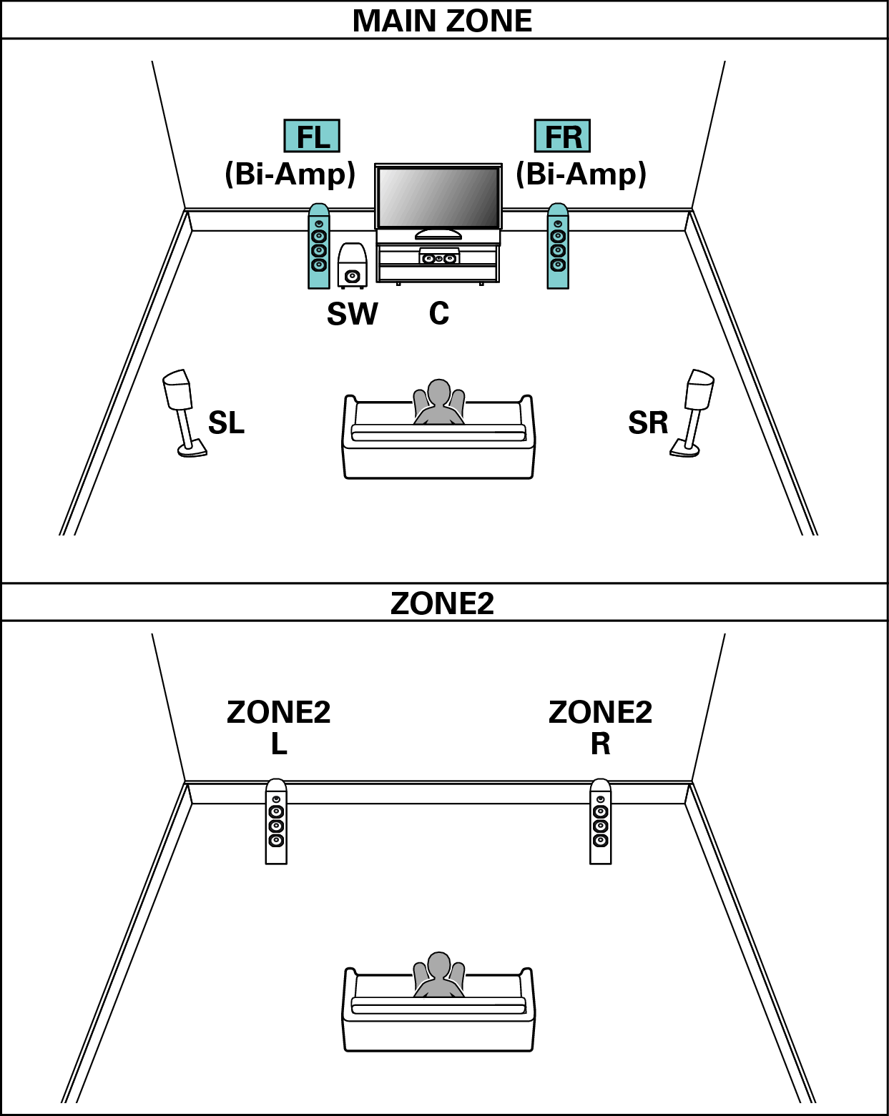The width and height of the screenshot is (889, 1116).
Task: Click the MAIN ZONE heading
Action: [442, 21]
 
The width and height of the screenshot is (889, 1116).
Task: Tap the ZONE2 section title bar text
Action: [442, 603]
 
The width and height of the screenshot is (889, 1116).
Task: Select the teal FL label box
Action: [312, 137]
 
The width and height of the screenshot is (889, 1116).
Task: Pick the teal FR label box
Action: [563, 137]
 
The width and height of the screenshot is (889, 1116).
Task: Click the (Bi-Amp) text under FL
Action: [290, 174]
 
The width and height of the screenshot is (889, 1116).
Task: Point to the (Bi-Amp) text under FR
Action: [581, 174]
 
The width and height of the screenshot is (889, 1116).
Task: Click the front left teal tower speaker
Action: [319, 247]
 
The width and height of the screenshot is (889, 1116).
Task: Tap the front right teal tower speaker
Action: [558, 247]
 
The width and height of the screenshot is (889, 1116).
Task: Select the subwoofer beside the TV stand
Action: [352, 266]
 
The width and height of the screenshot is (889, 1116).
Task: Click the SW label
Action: [352, 314]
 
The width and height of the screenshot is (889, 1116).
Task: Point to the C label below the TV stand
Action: [439, 313]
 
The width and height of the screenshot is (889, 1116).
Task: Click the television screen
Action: [438, 198]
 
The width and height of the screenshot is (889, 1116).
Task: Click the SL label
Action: [226, 423]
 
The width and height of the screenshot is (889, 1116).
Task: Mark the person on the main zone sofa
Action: [438, 404]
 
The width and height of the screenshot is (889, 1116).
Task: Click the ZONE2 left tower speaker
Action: [276, 821]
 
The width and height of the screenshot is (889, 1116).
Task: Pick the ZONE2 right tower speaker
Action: [601, 821]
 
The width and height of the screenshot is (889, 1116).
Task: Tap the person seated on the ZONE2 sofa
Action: [438, 976]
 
